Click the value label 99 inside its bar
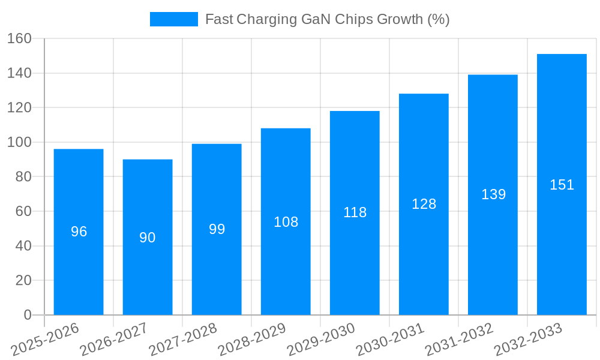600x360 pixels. click(x=217, y=229)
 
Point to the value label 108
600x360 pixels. click(x=286, y=222)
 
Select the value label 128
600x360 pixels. click(x=424, y=204)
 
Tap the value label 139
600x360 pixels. click(x=493, y=194)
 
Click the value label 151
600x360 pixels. click(x=562, y=185)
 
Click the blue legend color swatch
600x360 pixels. click(x=173, y=19)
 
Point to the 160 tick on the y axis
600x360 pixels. click(x=19, y=39)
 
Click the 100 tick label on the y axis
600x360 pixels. click(x=19, y=143)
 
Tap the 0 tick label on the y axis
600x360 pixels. click(x=27, y=315)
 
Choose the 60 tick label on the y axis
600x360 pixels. click(x=23, y=212)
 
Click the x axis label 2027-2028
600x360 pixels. click(x=184, y=340)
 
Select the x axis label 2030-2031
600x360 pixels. click(x=391, y=340)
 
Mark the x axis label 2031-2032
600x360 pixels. click(x=460, y=340)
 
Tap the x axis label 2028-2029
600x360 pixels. click(x=253, y=340)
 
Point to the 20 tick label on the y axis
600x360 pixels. click(x=23, y=281)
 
